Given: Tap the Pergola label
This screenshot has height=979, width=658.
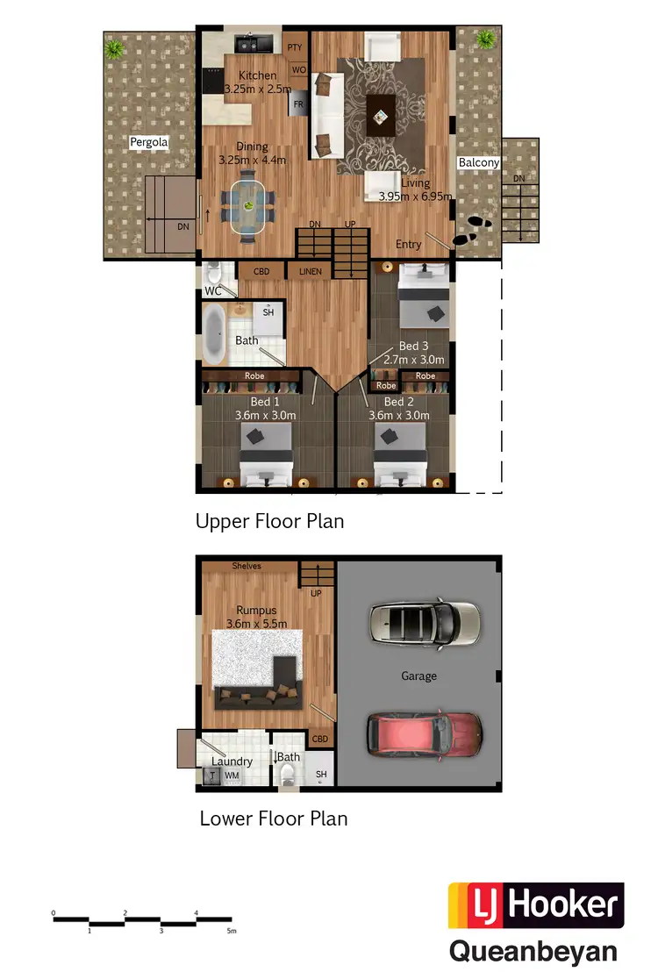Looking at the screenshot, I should tap(148, 141).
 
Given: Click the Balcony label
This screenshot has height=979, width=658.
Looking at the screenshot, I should tap(478, 162).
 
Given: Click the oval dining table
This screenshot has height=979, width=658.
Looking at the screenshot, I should tap(249, 206).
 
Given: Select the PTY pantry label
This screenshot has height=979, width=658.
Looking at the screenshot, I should tap(296, 47).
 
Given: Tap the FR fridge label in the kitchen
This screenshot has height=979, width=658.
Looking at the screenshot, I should tap(298, 104).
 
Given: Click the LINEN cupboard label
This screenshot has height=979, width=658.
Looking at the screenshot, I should tap(311, 272).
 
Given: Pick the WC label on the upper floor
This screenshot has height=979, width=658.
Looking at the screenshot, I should tap(212, 290).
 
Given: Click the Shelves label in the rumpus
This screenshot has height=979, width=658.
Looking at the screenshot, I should tap(247, 566).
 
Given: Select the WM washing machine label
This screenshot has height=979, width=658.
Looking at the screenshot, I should tap(232, 775).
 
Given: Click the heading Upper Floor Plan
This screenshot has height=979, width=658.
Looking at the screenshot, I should tap(269, 521).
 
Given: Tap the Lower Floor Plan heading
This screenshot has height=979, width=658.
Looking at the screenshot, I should tap(274, 818).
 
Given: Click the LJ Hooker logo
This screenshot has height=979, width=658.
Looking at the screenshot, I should tap(536, 906).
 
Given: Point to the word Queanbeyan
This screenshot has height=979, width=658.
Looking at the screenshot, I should tap(533, 952).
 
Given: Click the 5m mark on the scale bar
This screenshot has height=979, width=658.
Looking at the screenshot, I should tap(231, 930).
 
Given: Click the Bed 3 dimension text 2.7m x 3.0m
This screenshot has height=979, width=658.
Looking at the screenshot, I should tap(415, 360).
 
